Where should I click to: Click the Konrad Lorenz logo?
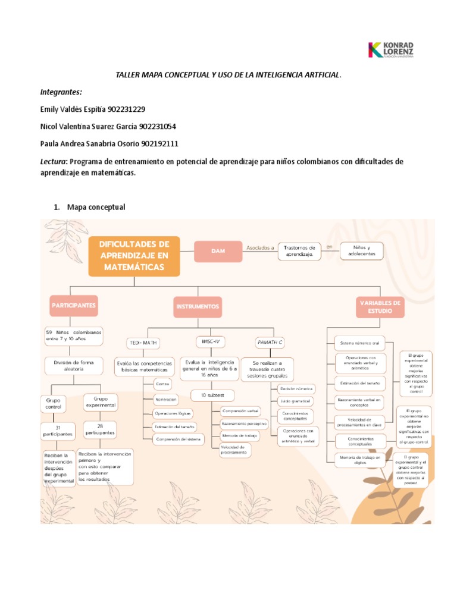392,50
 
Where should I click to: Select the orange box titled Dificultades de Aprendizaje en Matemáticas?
134,256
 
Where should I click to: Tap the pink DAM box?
218,252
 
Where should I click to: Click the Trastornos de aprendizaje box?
299,250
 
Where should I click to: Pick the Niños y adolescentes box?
361,250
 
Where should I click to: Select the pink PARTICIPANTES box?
74,305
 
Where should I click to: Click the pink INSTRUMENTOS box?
198,307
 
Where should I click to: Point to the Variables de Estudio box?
380,307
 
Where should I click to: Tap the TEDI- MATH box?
143,343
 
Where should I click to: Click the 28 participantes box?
99,429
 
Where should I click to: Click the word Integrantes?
61,93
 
